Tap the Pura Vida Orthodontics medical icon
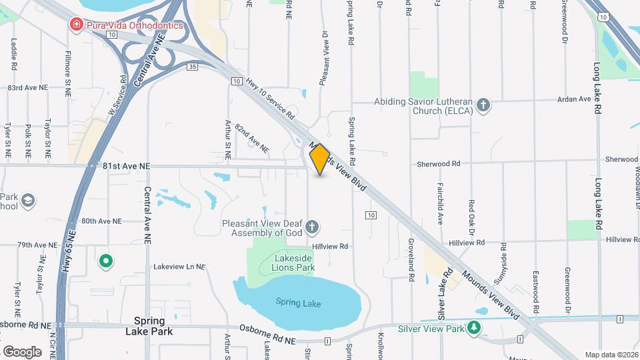(x=77, y=25)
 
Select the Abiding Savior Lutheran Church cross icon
(x=484, y=105)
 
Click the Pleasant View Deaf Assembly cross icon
(x=311, y=229)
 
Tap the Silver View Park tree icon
(x=474, y=328)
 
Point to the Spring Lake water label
(x=298, y=304)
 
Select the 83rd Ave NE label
(x=28, y=87)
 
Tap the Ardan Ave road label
(x=575, y=99)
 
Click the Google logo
(x=22, y=351)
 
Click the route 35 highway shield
(x=193, y=67)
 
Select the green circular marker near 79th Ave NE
(x=105, y=261)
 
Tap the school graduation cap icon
(x=29, y=201)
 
